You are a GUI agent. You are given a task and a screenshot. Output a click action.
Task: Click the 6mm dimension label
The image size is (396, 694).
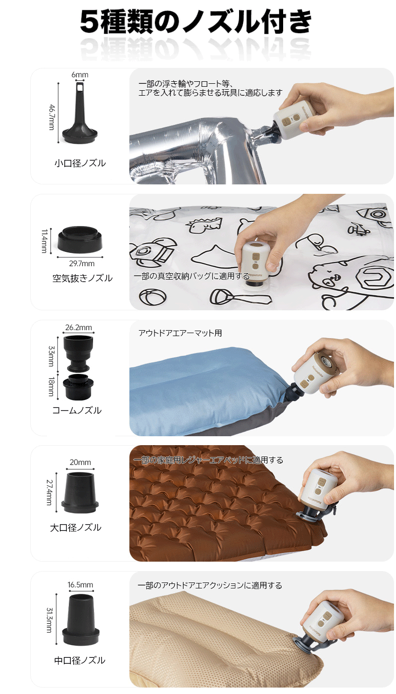[80, 75]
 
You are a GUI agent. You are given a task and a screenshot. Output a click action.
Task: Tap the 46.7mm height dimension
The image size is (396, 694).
[52, 117]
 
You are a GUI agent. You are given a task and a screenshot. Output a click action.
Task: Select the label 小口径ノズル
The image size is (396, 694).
[80, 163]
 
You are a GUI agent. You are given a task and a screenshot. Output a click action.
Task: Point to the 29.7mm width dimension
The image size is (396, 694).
[82, 263]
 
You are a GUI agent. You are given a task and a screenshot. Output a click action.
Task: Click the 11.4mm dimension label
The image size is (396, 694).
[45, 241]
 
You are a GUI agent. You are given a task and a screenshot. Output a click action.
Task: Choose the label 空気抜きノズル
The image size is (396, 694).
[82, 278]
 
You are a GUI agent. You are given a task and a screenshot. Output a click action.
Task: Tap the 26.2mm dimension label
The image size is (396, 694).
[79, 327]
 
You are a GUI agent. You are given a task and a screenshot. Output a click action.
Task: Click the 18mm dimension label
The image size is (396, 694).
[51, 386]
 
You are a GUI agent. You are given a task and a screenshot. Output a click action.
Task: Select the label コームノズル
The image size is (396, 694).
[77, 410]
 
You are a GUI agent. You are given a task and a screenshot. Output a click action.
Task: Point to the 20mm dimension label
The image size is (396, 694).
[80, 462]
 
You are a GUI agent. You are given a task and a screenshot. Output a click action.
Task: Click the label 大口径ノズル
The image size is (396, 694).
[75, 527]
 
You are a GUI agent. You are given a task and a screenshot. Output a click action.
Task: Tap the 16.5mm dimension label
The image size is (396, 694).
[80, 584]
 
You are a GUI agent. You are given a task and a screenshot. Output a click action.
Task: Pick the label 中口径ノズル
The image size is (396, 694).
[80, 660]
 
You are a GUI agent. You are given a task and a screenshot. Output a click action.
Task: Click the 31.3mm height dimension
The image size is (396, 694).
[49, 620]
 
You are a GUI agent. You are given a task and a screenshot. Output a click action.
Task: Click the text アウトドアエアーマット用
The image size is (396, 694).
[180, 333]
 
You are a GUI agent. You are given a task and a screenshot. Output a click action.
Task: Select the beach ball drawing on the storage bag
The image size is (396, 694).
[153, 297]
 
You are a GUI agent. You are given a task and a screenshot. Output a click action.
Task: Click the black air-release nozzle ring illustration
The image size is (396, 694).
[80, 239]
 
